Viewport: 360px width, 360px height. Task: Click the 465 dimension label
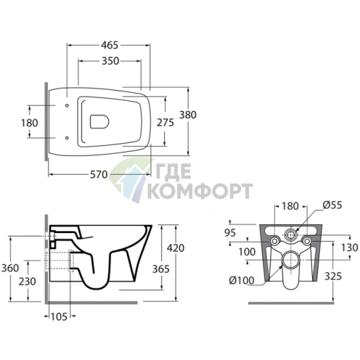110,45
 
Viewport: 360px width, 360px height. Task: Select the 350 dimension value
110,61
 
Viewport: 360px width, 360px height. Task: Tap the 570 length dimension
99,174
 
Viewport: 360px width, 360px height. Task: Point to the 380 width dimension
188,115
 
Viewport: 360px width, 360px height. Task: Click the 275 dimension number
165,123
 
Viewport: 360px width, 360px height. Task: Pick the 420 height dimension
176,248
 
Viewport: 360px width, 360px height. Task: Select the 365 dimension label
161,269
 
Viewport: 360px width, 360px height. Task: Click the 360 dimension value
10,268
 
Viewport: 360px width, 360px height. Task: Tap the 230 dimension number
28,282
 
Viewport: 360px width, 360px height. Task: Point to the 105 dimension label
59,316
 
